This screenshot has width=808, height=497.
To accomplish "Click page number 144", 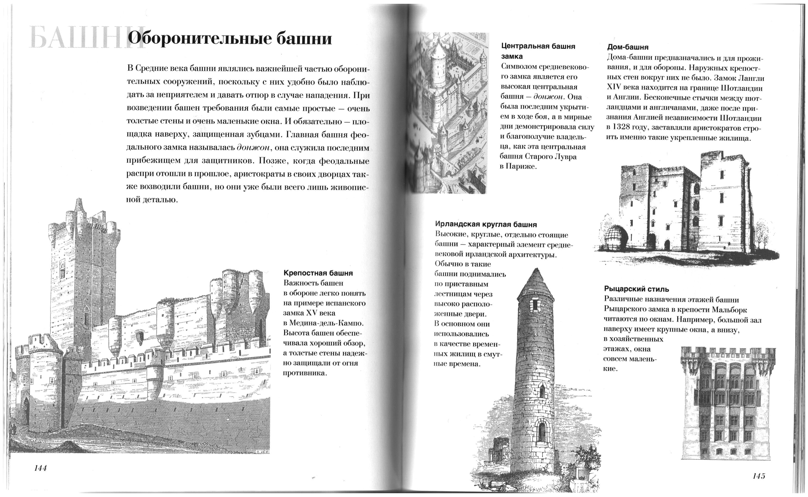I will click(x=40, y=468).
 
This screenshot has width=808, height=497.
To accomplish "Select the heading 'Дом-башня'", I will click(x=628, y=47).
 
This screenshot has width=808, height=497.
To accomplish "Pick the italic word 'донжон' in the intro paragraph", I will click(x=253, y=148).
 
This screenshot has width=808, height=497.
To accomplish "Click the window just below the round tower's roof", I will click(x=535, y=305).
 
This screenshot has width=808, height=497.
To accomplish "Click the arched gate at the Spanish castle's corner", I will click(x=26, y=411).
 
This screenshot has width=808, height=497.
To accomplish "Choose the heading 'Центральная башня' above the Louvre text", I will click(x=538, y=46).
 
